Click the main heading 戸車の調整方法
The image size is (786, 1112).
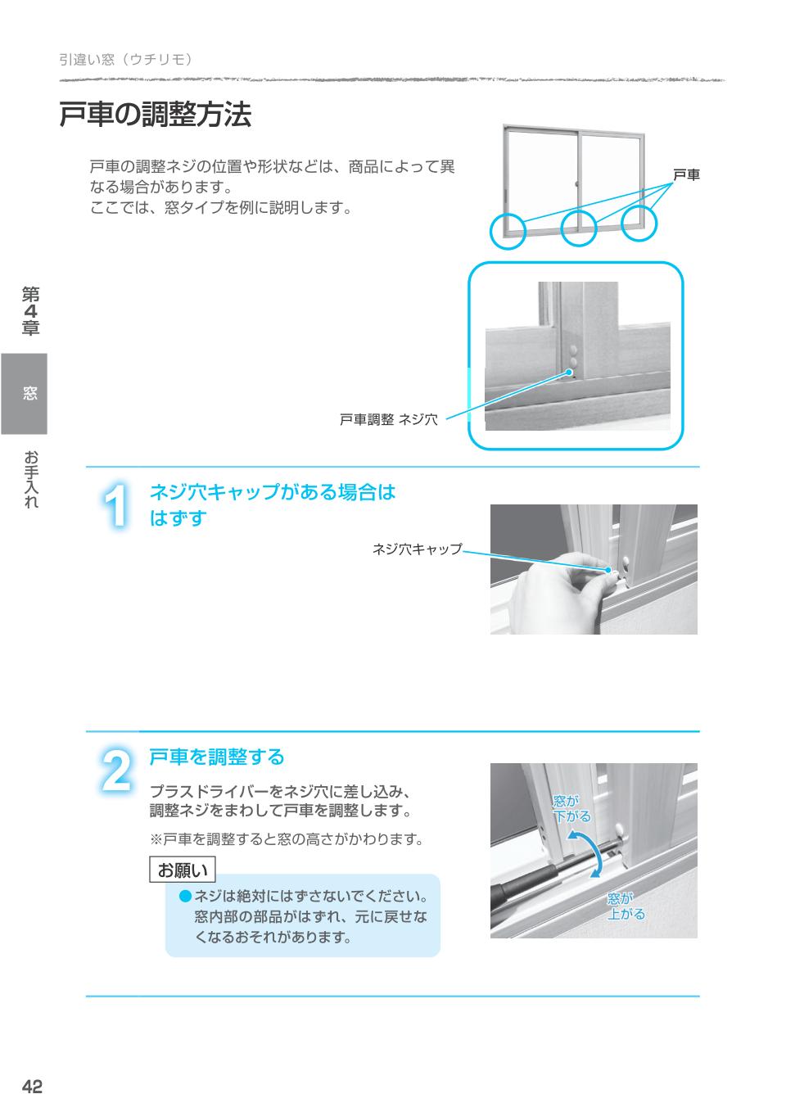(x=155, y=115)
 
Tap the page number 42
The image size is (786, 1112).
(x=32, y=1086)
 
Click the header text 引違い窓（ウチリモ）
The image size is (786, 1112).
(x=125, y=59)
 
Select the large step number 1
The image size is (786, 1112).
(x=117, y=506)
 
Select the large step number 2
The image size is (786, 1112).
(x=117, y=770)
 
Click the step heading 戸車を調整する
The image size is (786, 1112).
(x=216, y=757)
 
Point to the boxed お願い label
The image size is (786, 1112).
(x=183, y=869)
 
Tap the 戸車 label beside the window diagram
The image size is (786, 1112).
(x=686, y=174)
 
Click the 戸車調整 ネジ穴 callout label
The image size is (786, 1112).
(x=388, y=420)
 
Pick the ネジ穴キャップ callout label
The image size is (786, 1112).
(x=417, y=549)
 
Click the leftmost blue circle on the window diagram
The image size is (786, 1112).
(x=508, y=230)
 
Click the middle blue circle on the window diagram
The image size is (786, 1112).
(x=579, y=227)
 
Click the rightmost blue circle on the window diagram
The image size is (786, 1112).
(x=639, y=224)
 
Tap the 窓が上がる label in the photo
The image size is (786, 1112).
(x=626, y=906)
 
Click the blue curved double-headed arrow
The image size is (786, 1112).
(x=588, y=852)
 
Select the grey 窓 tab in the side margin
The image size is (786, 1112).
(x=24, y=393)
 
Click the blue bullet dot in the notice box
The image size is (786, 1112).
(x=185, y=897)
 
